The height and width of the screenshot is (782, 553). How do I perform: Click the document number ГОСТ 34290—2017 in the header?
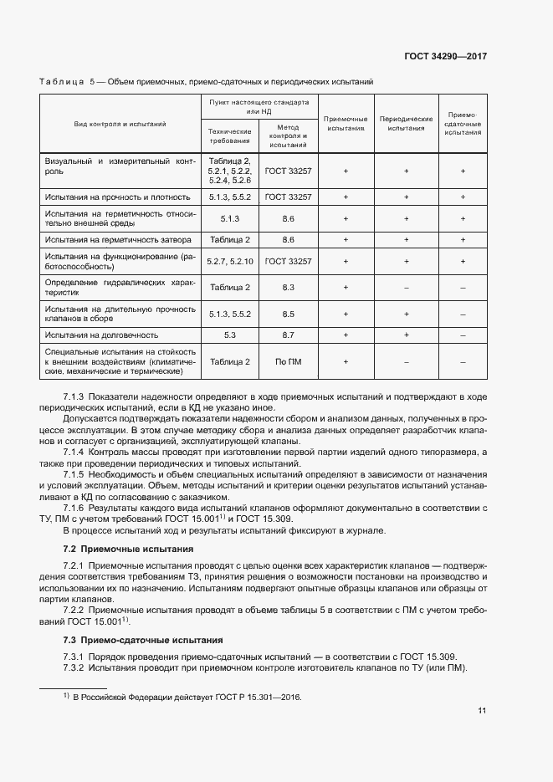click(446, 57)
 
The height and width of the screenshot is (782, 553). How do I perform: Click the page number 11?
click(482, 711)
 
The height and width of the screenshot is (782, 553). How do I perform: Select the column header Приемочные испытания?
click(346, 124)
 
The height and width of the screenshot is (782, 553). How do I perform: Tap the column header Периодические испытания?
click(406, 124)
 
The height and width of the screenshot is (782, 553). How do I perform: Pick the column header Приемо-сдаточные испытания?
click(463, 124)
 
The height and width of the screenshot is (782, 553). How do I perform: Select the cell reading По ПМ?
click(288, 361)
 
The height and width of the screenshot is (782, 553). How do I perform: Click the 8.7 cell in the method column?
click(288, 335)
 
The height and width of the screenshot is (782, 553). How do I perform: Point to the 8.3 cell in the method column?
click(288, 287)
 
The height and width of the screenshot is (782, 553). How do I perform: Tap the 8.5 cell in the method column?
click(288, 314)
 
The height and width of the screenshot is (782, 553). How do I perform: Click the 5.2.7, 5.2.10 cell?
click(230, 261)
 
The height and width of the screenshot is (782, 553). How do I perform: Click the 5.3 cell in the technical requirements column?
click(230, 335)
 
